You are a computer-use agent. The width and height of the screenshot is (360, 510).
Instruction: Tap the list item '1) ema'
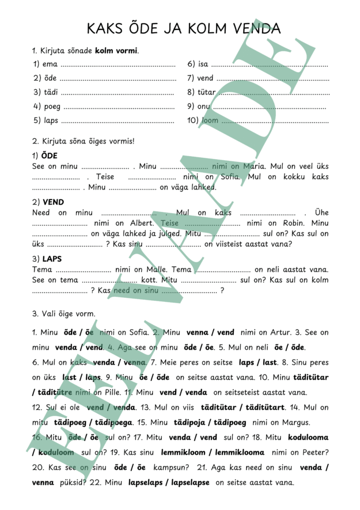(46, 64)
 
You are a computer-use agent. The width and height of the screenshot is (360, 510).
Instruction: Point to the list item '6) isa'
(198, 64)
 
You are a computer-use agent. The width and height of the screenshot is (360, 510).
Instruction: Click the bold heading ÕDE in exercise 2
(50, 156)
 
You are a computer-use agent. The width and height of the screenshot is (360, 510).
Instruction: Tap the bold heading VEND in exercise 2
(54, 202)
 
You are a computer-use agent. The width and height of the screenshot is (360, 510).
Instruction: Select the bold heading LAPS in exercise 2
(52, 259)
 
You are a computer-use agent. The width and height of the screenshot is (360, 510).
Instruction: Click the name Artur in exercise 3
(270, 333)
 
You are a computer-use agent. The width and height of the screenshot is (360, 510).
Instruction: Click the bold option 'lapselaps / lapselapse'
(169, 482)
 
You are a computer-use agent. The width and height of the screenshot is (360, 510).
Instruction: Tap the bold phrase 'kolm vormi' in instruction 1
(116, 51)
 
